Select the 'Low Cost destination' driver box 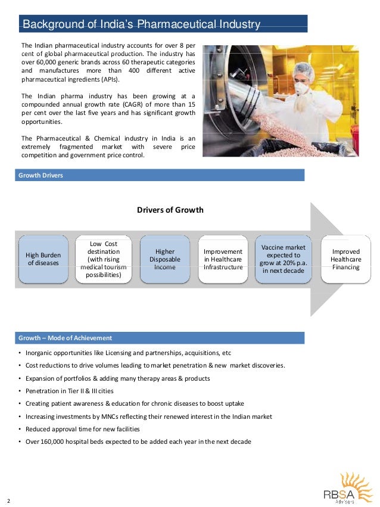point(103,260)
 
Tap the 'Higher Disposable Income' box point(164,259)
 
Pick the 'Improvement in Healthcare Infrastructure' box point(223,259)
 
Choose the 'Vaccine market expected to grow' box point(283,259)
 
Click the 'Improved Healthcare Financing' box point(345,259)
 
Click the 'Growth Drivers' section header point(41,175)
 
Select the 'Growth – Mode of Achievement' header point(65,338)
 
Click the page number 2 point(9,499)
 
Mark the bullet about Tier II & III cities point(72,391)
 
